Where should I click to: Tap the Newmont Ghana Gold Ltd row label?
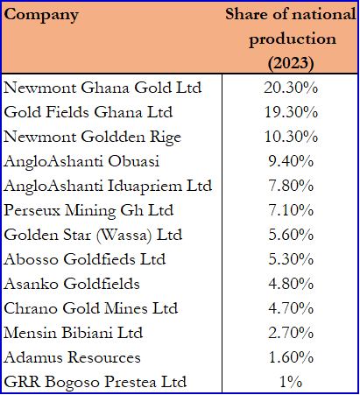[102, 88]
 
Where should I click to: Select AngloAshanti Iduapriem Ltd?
[108, 186]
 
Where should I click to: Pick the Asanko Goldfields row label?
[72, 284]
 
